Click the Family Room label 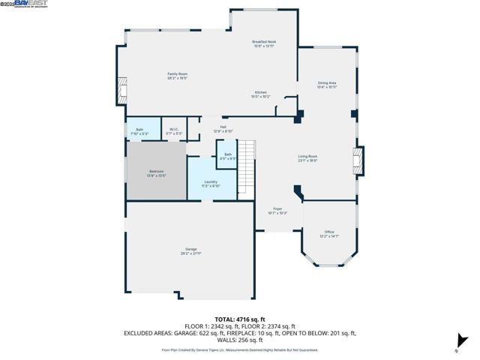(x=177, y=75)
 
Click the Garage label (x=191, y=250)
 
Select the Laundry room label (x=211, y=183)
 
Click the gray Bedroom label (x=156, y=173)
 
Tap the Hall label (x=223, y=128)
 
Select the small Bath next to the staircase (x=227, y=156)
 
